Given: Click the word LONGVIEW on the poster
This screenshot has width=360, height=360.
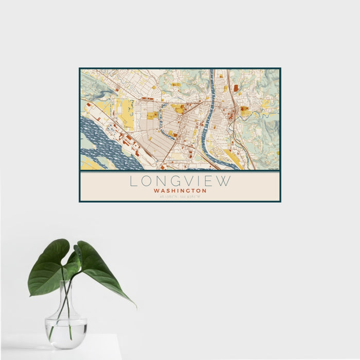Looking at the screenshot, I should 180,182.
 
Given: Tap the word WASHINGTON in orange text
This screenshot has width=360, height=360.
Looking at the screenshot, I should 180,191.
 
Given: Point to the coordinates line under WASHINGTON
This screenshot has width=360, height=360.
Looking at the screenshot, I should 180,196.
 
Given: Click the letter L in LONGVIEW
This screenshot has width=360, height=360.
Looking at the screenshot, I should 133,182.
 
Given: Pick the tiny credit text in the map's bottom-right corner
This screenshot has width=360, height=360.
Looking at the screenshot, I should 275,168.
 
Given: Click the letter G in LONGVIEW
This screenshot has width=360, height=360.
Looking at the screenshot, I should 172,182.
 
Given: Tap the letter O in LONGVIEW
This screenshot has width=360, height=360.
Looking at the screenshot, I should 146,182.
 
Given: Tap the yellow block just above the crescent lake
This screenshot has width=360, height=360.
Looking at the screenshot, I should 178,109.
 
